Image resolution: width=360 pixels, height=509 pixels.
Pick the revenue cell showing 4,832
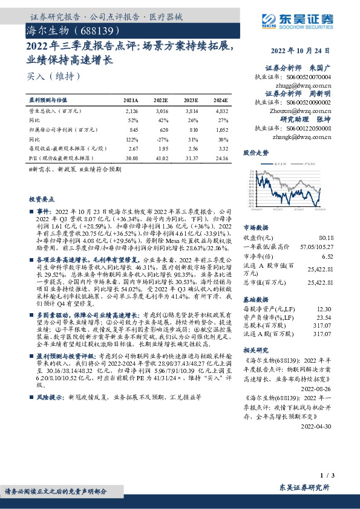221,111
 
